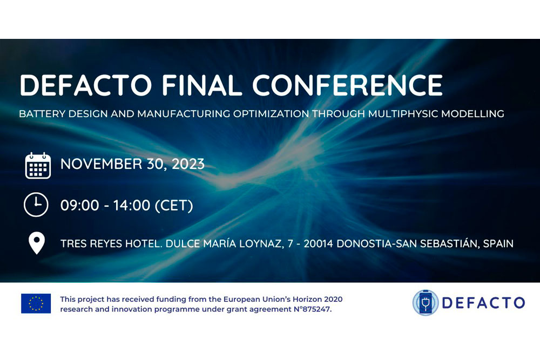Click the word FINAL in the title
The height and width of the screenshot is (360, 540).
click(x=202, y=85)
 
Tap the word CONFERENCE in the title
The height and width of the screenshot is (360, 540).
click(x=347, y=85)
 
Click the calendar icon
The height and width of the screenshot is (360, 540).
click(x=38, y=166)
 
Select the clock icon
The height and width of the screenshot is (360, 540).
click(x=36, y=205)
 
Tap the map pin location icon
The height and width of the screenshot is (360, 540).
click(x=37, y=243)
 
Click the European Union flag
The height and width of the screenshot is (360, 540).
click(x=36, y=303)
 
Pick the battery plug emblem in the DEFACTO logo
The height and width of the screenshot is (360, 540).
click(x=426, y=303)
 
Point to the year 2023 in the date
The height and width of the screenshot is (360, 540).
click(x=188, y=164)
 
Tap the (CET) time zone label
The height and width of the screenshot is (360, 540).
click(x=174, y=206)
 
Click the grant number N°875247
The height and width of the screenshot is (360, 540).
click(x=312, y=309)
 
